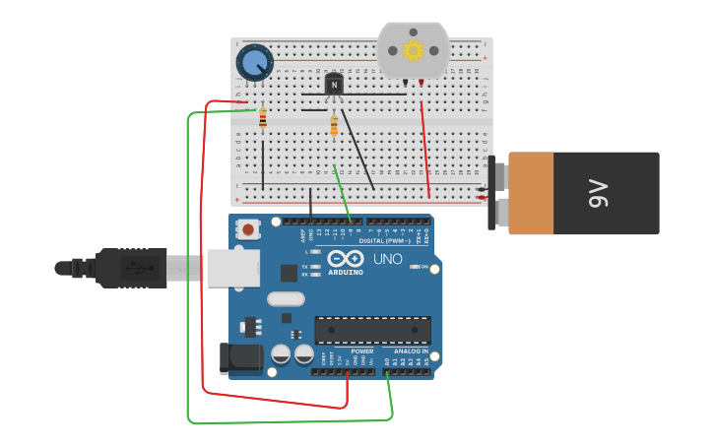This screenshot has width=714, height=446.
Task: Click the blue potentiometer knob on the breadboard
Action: point(255,63)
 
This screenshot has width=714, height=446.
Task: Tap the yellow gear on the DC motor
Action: point(413,49)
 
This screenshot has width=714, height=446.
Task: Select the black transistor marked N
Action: point(334,86)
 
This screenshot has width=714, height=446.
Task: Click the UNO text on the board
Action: point(386,259)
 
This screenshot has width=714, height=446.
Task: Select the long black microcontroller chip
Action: point(372,330)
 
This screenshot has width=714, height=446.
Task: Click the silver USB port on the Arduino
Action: point(233,267)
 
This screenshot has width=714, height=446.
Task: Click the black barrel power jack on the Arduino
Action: point(239,356)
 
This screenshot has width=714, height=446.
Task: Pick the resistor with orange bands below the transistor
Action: point(334,126)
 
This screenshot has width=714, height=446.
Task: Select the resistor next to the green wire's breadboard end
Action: point(263,118)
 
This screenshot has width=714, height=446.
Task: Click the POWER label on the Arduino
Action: point(362,350)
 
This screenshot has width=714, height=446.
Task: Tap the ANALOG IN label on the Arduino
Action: point(411,350)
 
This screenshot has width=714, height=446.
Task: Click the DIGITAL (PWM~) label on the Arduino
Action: point(385,240)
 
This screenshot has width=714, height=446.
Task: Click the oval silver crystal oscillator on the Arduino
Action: point(286,298)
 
